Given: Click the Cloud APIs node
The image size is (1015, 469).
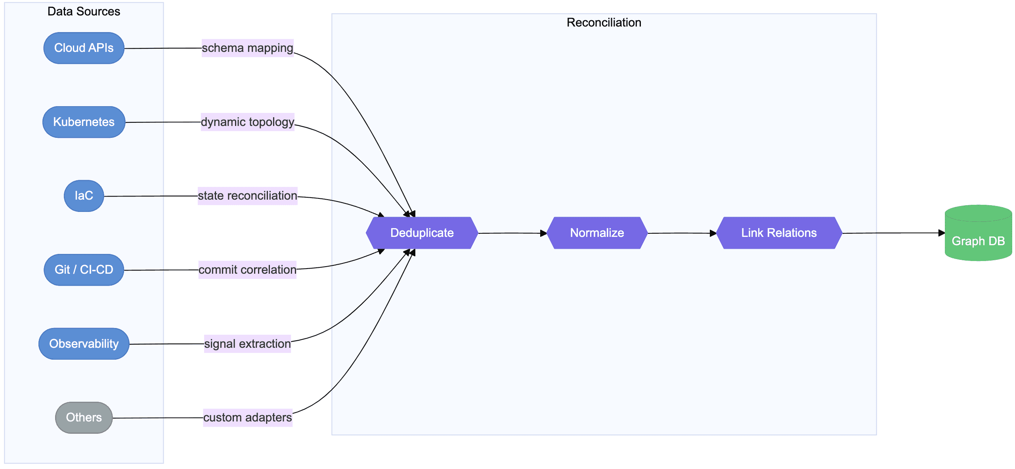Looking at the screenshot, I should (x=84, y=48).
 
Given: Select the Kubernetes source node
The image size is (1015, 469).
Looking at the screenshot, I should (x=84, y=122).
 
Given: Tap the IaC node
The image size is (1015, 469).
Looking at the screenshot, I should (x=84, y=196).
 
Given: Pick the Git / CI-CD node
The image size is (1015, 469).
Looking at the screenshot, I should (x=84, y=270).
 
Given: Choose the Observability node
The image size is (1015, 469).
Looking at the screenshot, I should (x=84, y=343).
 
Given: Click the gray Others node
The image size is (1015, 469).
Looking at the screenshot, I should (x=84, y=418).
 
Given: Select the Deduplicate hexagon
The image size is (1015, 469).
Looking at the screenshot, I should (x=422, y=233).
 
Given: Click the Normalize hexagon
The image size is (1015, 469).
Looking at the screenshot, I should (x=597, y=233).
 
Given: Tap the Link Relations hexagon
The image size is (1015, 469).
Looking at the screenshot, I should (x=779, y=233).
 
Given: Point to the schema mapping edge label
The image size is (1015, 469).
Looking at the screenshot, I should (x=247, y=48).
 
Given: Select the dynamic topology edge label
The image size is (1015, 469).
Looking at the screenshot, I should (x=247, y=122).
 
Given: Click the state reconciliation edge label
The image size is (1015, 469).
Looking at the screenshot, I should (x=247, y=196).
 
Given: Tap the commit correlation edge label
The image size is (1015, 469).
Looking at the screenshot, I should (x=247, y=270).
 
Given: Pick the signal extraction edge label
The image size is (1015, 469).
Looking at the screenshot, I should (x=247, y=343).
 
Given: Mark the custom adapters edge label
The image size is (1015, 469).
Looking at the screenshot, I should (x=247, y=418).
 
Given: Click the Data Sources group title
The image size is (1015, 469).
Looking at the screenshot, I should (x=84, y=11).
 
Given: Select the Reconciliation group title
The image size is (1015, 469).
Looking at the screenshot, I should (x=604, y=23).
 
